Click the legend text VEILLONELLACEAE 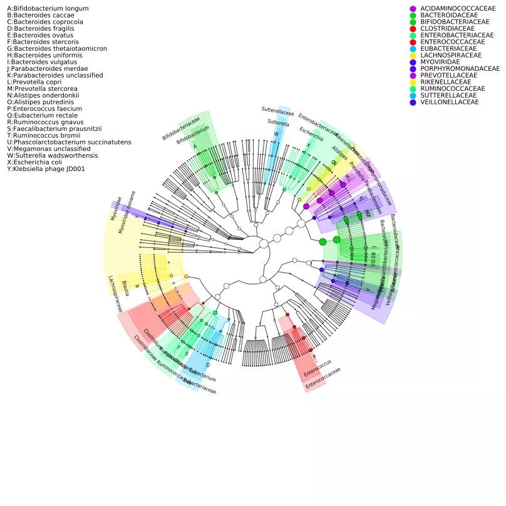(449, 102)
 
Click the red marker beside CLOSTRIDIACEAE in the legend (413, 28)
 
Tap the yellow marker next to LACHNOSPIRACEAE (413, 55)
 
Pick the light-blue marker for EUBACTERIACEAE (413, 48)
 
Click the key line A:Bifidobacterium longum (39, 8)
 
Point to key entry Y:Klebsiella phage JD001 (46, 169)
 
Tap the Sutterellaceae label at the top (277, 111)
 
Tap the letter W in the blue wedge (276, 135)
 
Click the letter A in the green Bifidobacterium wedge (195, 147)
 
